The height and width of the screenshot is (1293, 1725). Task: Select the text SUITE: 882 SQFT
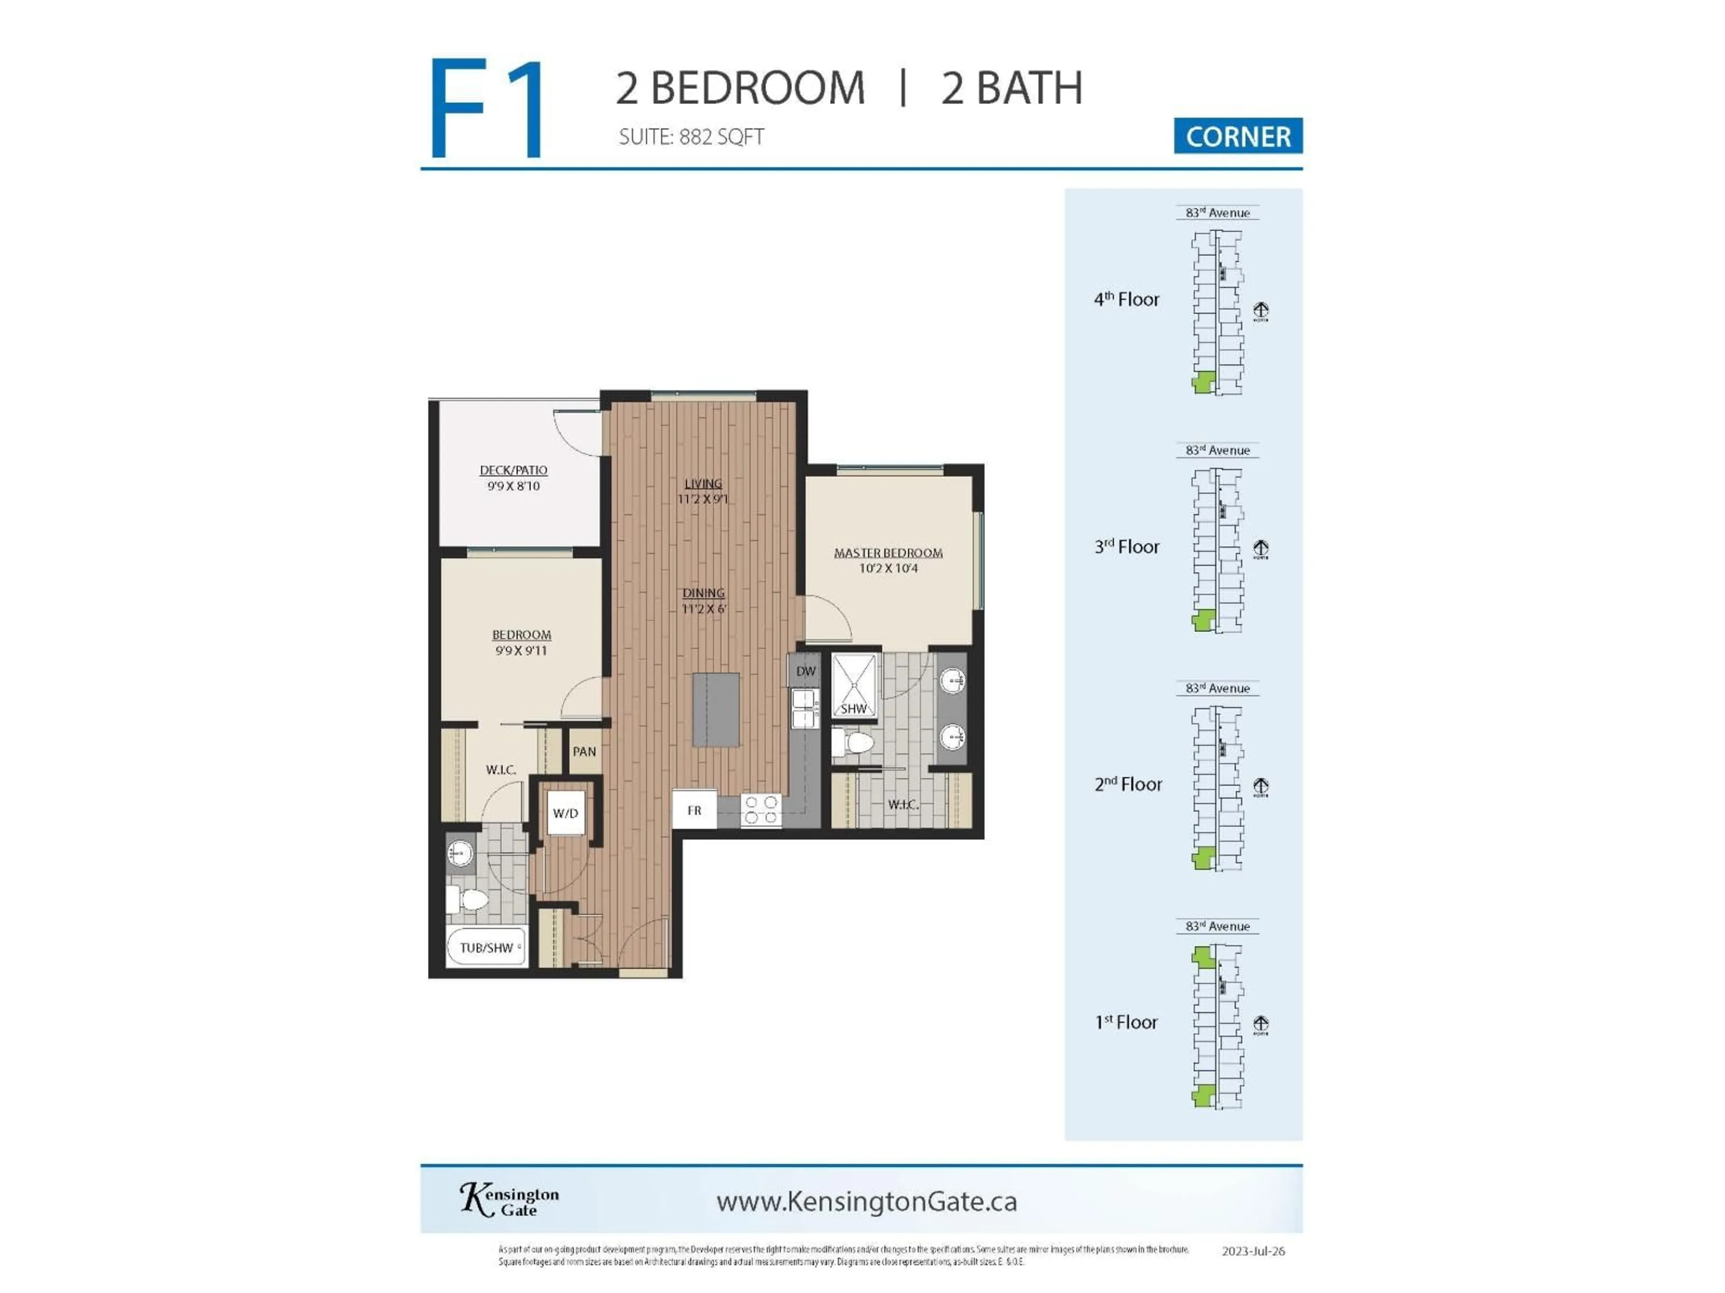691,137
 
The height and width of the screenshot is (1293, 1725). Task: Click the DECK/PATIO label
513,470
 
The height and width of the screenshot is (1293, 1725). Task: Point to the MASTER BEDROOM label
888,553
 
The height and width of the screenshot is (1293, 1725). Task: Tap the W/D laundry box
566,813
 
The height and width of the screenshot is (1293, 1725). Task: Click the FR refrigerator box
694,810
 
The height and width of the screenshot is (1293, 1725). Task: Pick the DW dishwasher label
805,671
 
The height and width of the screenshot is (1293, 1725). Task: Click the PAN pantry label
584,751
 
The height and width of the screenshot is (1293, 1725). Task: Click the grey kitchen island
716,709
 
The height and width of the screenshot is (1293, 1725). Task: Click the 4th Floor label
1126,299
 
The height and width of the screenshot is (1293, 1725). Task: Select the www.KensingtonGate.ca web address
867,1201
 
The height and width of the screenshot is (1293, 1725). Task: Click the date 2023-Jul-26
1252,1251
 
